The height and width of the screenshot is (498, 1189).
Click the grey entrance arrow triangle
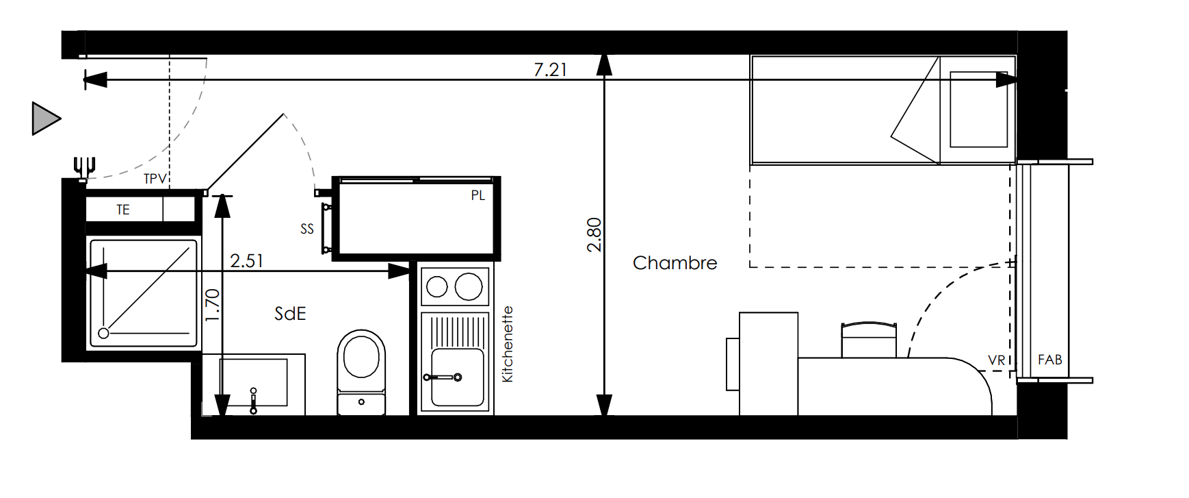click(x=45, y=119)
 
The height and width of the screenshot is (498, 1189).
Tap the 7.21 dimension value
click(x=550, y=69)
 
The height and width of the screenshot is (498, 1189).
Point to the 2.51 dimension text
click(x=246, y=261)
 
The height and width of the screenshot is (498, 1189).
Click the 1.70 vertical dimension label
click(x=212, y=306)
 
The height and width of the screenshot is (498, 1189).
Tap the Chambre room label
click(x=675, y=263)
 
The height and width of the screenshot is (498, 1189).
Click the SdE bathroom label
click(x=290, y=314)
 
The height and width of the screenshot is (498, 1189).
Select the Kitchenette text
click(x=507, y=344)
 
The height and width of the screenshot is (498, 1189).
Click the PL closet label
click(x=478, y=195)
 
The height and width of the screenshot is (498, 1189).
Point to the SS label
click(x=306, y=229)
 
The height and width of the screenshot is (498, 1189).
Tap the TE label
click(x=123, y=210)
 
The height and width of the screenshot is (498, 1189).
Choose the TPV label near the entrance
click(x=155, y=179)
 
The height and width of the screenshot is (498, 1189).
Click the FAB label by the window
click(x=1049, y=360)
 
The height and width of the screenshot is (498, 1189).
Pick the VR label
click(x=996, y=360)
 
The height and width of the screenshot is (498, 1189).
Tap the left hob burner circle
click(x=437, y=287)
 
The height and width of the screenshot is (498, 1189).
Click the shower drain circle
click(x=103, y=334)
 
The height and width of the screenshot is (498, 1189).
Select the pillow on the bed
click(x=978, y=110)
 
